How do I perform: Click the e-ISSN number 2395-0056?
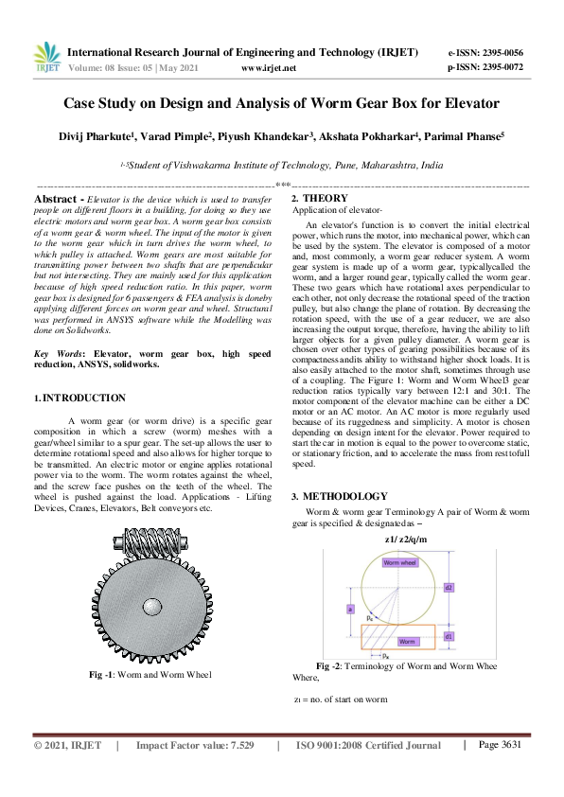[495, 53]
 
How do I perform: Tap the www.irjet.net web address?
[269, 69]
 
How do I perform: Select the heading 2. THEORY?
[320, 198]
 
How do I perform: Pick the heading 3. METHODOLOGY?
[339, 496]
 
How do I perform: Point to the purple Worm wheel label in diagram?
[398, 562]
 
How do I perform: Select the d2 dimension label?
[448, 587]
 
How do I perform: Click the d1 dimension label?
[448, 635]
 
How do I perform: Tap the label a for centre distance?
[350, 610]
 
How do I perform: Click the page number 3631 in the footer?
[500, 745]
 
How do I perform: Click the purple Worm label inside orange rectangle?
[406, 641]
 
